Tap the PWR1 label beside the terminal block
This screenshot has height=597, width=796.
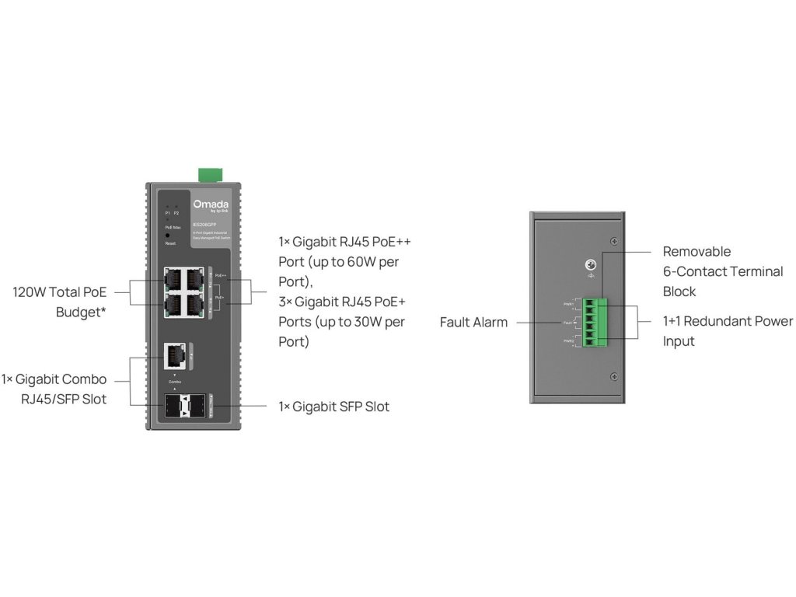coord(570,304)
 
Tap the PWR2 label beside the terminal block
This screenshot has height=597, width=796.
coord(570,340)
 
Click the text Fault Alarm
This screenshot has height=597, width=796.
coord(473,322)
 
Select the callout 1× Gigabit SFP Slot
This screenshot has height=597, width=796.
coord(333,407)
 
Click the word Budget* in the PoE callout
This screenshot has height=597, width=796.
coord(81,313)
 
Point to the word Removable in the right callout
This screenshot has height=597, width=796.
coord(696,252)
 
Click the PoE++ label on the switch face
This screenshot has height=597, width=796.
coord(221,276)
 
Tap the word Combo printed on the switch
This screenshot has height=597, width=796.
coord(174,382)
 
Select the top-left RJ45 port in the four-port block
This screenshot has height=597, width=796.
coord(174,278)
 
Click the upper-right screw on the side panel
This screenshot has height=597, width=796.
coord(614,239)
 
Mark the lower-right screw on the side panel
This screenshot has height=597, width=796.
coord(614,377)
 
